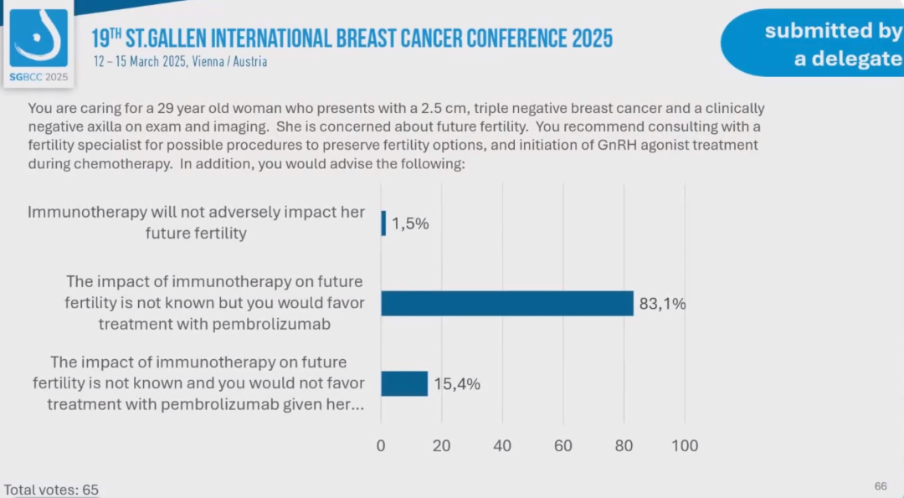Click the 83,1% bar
coord(507,304)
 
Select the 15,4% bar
coord(404,383)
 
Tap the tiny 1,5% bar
coord(383,223)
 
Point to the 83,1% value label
coord(662,304)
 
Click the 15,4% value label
coord(456,384)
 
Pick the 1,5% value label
coord(410,223)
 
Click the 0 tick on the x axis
coord(381,446)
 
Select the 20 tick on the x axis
coord(442,446)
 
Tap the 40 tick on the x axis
coord(502,446)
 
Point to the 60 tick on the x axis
coord(563,446)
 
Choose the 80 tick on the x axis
coord(624,446)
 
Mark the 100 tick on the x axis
coord(685,446)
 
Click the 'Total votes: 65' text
coord(51,490)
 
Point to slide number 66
coord(881,486)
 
